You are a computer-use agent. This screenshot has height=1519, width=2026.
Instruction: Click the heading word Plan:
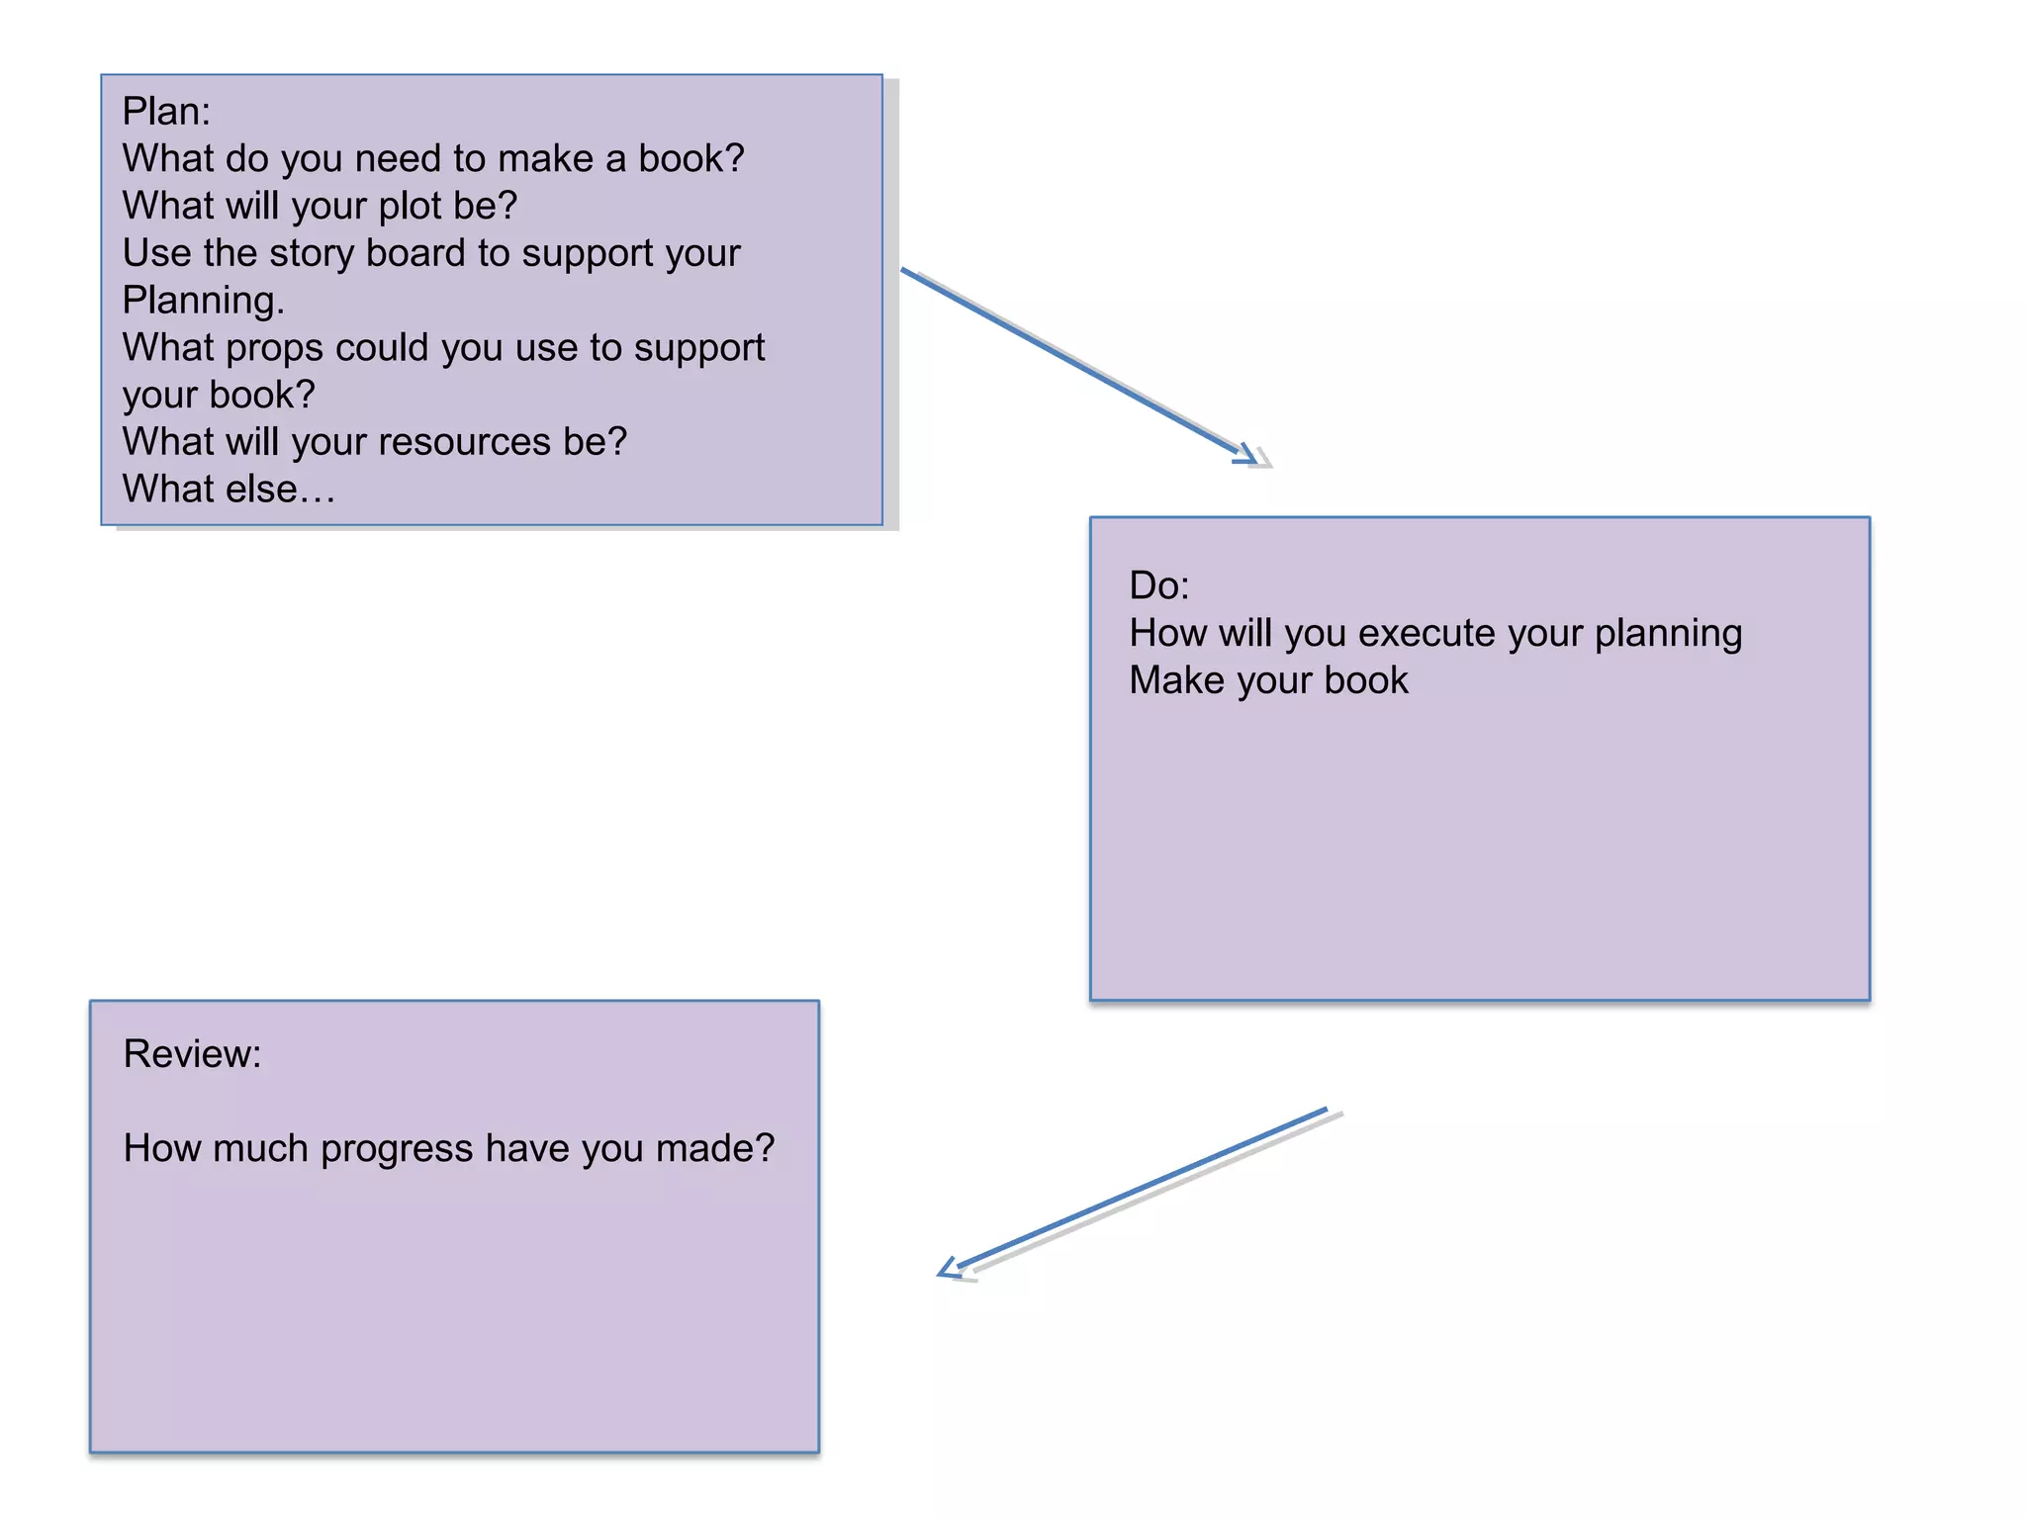166,112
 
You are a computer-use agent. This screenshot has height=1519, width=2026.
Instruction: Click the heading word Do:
1158,585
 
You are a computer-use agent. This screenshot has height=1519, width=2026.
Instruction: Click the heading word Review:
192,1054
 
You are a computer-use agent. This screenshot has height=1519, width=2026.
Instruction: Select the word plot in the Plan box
410,207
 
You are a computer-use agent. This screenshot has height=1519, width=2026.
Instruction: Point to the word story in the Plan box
312,254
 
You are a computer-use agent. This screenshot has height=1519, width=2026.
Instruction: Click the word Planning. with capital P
203,301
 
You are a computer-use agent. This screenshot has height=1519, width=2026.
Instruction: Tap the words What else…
229,490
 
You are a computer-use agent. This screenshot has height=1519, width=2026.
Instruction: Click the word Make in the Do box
1171,680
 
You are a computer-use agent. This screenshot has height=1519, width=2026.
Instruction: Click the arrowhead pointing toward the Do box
1248,456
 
